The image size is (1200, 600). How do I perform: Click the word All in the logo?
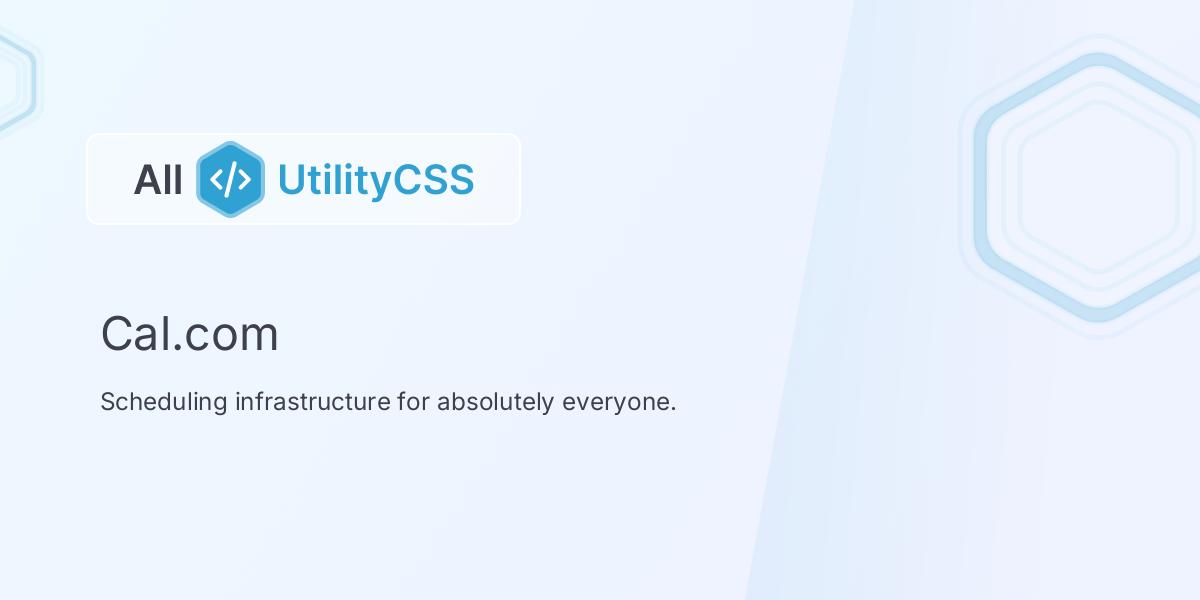158,180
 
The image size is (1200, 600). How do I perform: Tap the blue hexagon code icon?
230,179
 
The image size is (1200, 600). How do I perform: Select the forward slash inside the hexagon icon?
230,179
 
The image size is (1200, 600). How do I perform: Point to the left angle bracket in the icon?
216,179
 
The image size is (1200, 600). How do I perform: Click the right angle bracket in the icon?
245,179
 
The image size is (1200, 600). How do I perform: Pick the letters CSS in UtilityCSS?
433,180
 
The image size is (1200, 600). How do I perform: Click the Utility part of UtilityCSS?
334,180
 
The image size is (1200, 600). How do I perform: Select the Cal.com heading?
189,334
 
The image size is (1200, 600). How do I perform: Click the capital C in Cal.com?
116,334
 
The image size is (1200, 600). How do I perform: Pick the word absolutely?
495,402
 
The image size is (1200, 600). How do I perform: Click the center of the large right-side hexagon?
1097,187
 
